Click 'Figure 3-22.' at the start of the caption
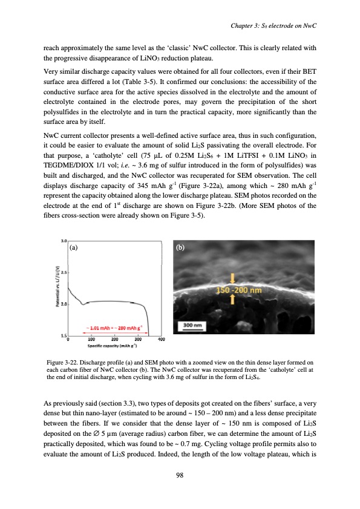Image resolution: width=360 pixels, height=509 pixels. click(63, 361)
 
